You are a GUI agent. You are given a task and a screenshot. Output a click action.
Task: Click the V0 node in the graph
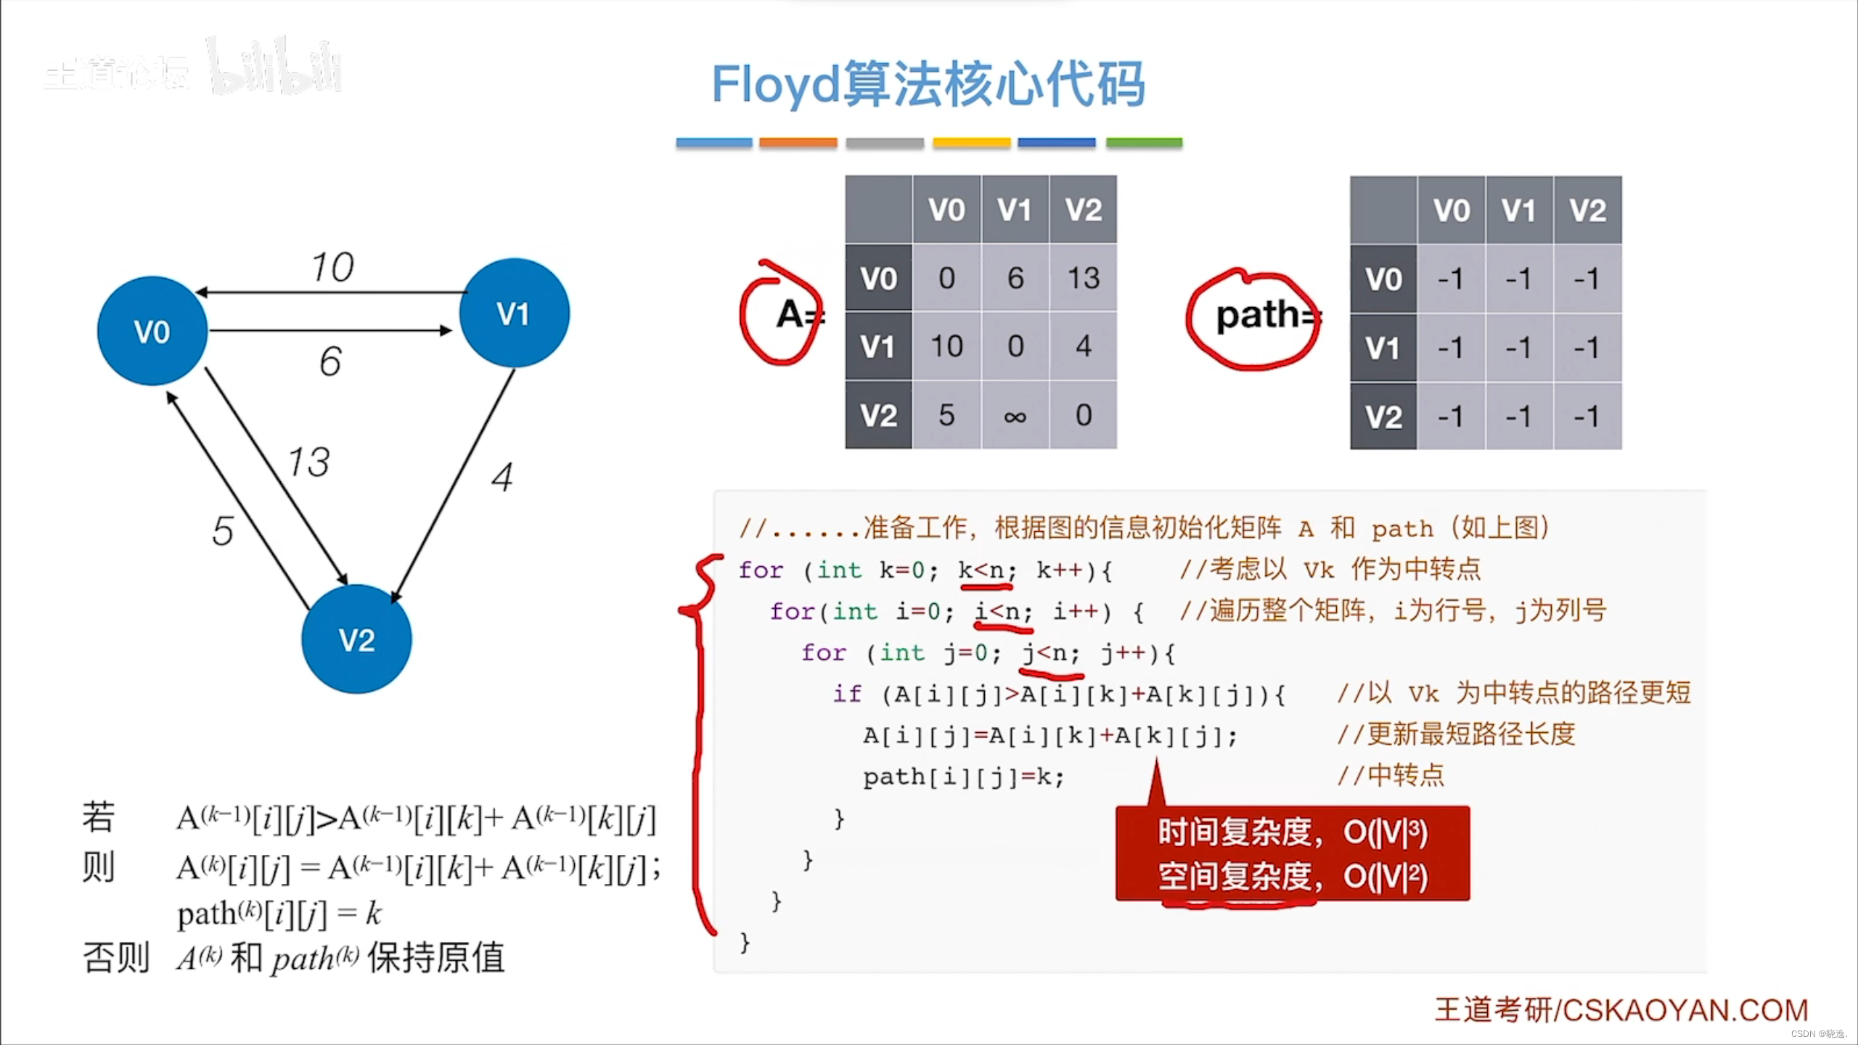tap(152, 331)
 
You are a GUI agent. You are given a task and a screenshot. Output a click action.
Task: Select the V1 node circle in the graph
tap(515, 313)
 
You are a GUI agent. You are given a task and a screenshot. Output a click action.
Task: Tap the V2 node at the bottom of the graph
tap(356, 639)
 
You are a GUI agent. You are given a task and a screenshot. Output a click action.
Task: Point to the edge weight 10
tap(332, 267)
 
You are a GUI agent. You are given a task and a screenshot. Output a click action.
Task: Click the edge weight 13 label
tap(308, 462)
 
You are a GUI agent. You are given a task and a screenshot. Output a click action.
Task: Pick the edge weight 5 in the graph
tap(223, 530)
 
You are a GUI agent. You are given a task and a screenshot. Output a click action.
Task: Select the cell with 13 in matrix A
tap(1083, 278)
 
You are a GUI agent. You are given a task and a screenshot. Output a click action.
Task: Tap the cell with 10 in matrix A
tap(946, 347)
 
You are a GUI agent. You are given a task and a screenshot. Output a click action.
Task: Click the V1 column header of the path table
tap(1519, 210)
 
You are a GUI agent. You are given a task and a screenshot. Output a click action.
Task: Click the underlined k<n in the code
tap(986, 570)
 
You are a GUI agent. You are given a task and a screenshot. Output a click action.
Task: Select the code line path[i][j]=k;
tap(963, 778)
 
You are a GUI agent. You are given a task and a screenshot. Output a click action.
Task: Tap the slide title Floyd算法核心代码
tap(928, 84)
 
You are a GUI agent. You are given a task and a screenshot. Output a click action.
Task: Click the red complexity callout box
tap(1293, 853)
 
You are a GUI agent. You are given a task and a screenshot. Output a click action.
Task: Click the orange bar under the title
tap(798, 143)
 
